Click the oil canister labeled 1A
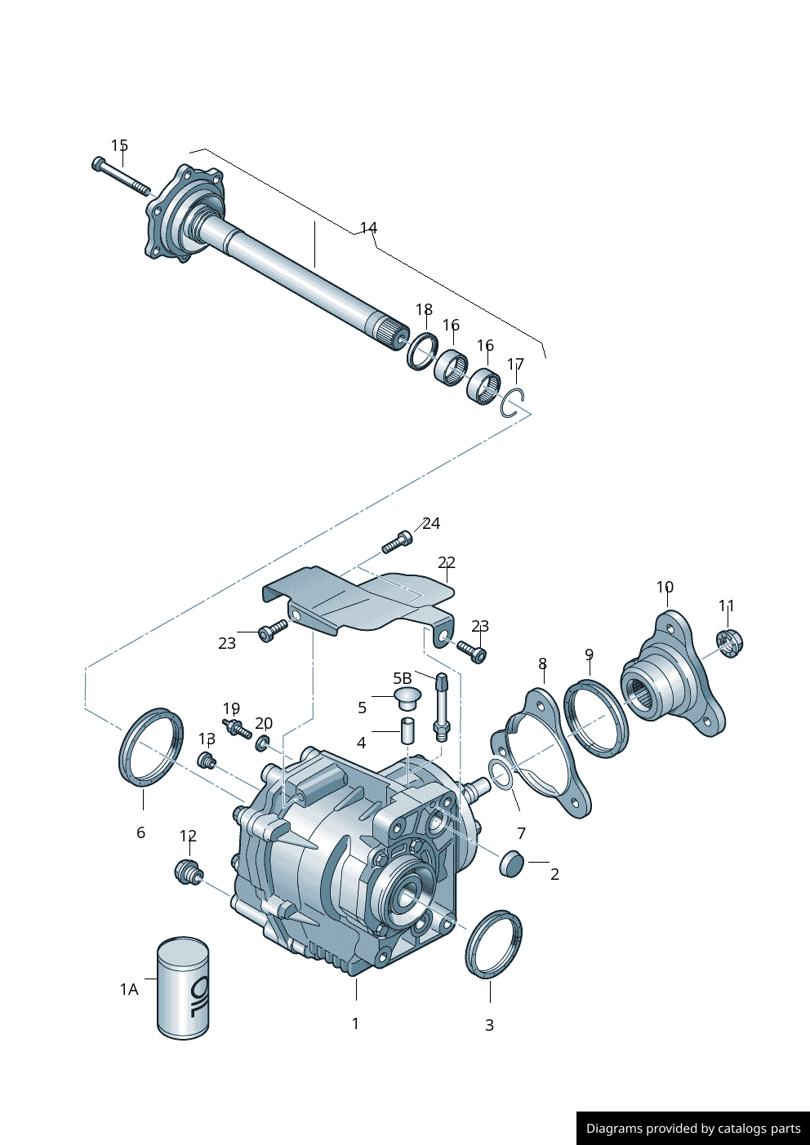(183, 988)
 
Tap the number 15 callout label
(120, 146)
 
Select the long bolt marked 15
(121, 176)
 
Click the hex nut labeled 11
(730, 644)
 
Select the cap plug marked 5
(407, 699)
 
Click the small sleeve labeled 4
(407, 731)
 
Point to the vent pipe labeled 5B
(441, 708)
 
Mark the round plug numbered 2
(512, 863)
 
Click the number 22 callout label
(447, 562)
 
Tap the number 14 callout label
(368, 228)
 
